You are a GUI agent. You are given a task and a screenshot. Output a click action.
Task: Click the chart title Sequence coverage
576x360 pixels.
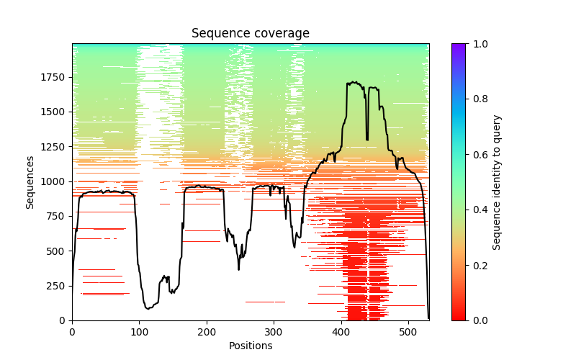tap(250, 34)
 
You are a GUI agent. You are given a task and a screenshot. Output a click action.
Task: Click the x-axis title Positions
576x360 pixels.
tap(250, 346)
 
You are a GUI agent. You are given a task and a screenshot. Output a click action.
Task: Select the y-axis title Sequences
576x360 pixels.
tap(30, 181)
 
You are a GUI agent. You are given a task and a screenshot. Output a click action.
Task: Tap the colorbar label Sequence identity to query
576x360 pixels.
tap(497, 181)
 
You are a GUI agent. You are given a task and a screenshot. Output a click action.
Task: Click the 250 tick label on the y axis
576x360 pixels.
tap(57, 286)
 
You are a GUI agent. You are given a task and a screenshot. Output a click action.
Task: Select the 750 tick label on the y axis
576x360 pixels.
tap(57, 217)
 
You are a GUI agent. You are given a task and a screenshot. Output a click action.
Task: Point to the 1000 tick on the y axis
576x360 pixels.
tap(55, 181)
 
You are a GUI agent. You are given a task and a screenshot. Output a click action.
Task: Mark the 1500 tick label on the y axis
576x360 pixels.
tap(55, 112)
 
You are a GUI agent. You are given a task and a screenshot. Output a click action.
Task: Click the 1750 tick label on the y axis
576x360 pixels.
tap(55, 78)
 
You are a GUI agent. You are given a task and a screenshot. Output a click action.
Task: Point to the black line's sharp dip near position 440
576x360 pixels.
tap(367, 140)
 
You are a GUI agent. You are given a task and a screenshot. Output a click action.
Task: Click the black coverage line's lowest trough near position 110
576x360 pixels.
tap(148, 308)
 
